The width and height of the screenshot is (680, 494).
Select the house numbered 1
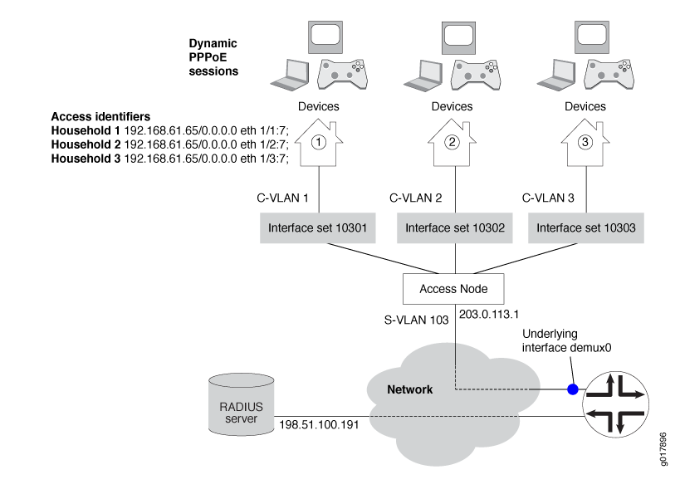[317, 142]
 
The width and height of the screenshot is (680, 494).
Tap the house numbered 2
[453, 142]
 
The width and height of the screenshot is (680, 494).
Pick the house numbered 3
[585, 142]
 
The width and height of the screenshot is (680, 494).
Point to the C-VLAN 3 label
[548, 198]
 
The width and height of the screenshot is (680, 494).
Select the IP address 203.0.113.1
[488, 315]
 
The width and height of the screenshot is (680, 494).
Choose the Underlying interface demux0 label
[566, 341]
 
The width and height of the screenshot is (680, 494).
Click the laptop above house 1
[292, 76]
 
